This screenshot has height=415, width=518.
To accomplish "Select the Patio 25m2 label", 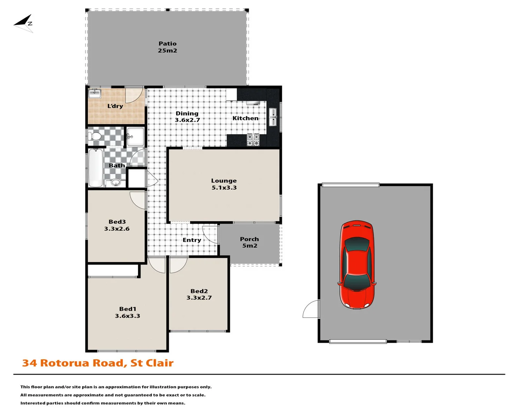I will tap(167, 47).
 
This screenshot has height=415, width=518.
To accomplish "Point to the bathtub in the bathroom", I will tap(96, 168).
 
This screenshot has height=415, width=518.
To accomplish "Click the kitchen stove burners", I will tap(253, 140).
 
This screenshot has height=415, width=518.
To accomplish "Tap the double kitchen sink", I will tap(272, 117).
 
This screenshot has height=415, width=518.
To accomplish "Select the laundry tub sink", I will tap(94, 93).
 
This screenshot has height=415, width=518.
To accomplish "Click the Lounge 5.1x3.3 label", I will tap(224, 184).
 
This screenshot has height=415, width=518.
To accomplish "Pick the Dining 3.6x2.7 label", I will tap(187, 116).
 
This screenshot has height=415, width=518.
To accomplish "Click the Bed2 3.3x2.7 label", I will tap(199, 294).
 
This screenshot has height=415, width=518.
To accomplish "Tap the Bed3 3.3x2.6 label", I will tap(117, 225).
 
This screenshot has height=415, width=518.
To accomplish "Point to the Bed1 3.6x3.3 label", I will tap(127, 312).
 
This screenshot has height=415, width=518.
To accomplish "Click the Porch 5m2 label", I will tap(249, 242).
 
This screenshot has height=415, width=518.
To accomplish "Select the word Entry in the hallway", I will tap(192, 240).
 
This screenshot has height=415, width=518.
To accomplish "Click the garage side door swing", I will tap(311, 310).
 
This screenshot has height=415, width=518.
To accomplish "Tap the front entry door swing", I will tap(210, 234).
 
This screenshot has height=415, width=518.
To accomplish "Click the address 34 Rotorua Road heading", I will tap(98, 363).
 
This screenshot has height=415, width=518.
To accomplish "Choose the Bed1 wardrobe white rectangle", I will tap(113, 270).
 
